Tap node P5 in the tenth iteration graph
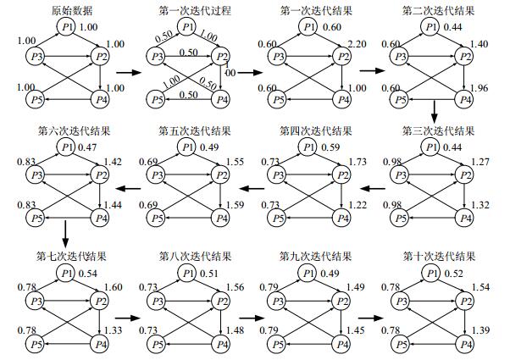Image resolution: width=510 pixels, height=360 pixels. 395,344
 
